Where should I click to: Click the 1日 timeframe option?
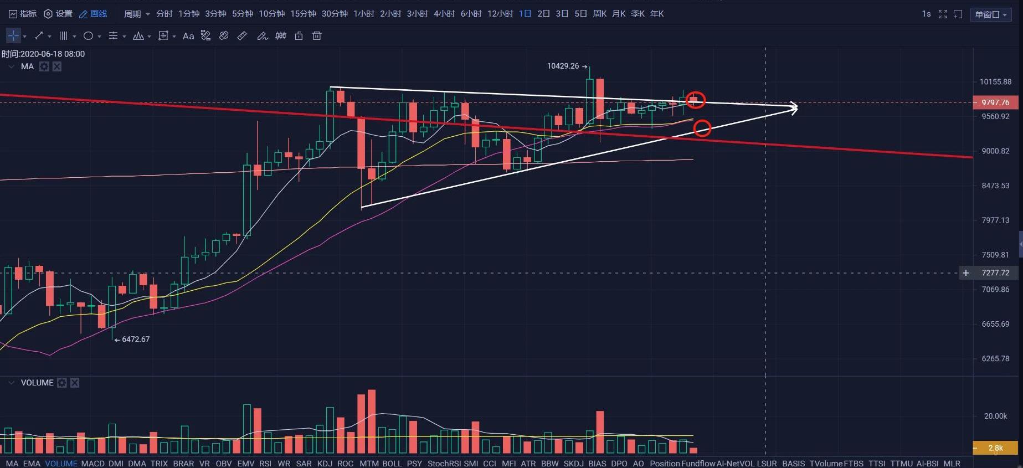click(x=525, y=14)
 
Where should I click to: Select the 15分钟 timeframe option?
click(x=303, y=14)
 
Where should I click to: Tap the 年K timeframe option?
click(x=657, y=14)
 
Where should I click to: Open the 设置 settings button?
click(x=58, y=14)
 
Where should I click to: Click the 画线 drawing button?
click(x=93, y=14)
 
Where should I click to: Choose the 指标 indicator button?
click(x=23, y=14)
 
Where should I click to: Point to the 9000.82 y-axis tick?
click(x=995, y=151)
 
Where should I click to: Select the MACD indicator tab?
click(x=92, y=463)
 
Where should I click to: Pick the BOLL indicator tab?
click(x=392, y=463)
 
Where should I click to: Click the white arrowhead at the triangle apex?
click(x=794, y=108)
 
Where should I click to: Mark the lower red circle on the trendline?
click(x=702, y=128)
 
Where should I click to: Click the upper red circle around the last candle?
click(x=696, y=100)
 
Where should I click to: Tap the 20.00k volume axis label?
click(x=995, y=416)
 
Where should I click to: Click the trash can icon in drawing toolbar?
click(x=317, y=36)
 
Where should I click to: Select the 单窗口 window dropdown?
click(x=991, y=14)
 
